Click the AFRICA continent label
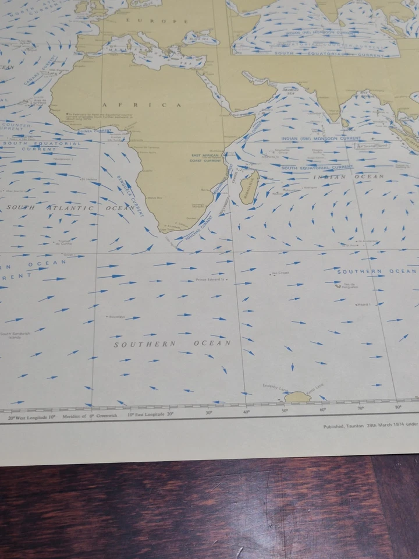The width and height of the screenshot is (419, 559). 142,105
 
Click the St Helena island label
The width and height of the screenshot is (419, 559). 88,179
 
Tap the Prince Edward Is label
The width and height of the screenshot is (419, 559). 211,280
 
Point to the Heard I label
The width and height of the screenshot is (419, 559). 364,304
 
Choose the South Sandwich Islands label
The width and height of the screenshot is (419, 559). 10,335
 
